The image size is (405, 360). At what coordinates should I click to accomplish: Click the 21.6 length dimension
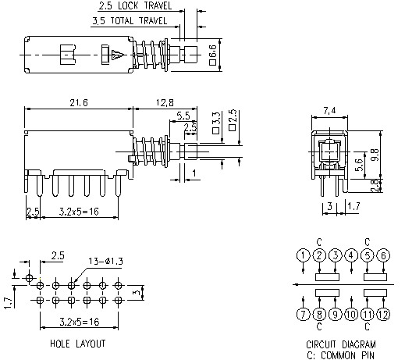tap(77, 103)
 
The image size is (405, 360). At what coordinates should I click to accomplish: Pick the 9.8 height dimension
tap(375, 155)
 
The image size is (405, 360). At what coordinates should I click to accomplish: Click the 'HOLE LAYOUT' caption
tap(78, 344)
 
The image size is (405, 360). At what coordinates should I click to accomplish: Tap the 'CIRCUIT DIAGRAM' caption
tap(341, 344)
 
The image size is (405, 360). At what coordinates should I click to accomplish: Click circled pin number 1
tap(303, 255)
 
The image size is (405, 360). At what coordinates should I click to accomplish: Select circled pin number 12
tap(382, 315)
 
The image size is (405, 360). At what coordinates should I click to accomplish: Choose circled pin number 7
tap(303, 315)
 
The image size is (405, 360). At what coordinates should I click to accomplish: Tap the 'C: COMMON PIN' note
tap(341, 355)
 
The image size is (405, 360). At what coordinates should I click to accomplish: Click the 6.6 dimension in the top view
tap(213, 55)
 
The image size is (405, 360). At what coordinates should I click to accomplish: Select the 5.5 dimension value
tap(183, 116)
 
